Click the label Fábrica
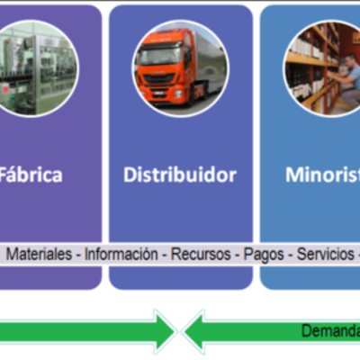point(32,175)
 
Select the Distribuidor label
point(180,175)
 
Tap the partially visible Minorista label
point(322,175)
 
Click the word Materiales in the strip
point(39,255)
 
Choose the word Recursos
point(202,255)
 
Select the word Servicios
point(325,255)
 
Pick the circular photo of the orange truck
point(181,68)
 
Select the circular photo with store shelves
point(324,68)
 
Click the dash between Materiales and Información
point(78,255)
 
